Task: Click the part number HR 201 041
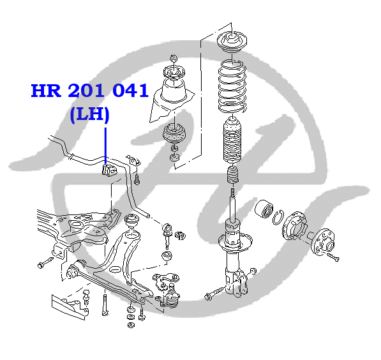pos(89,91)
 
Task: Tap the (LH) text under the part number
pos(89,114)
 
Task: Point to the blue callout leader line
pos(105,146)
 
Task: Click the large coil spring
pos(232,86)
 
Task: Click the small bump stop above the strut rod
pos(232,175)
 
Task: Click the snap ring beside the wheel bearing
pos(278,218)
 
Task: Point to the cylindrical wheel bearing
pos(264,209)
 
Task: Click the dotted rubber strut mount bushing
pos(174,133)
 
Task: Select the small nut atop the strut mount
pos(174,59)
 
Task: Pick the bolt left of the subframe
pos(46,262)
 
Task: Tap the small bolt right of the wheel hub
pos(333,257)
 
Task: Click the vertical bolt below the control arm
pos(105,305)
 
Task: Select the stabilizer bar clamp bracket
pos(133,160)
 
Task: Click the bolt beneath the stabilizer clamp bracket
pos(137,179)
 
